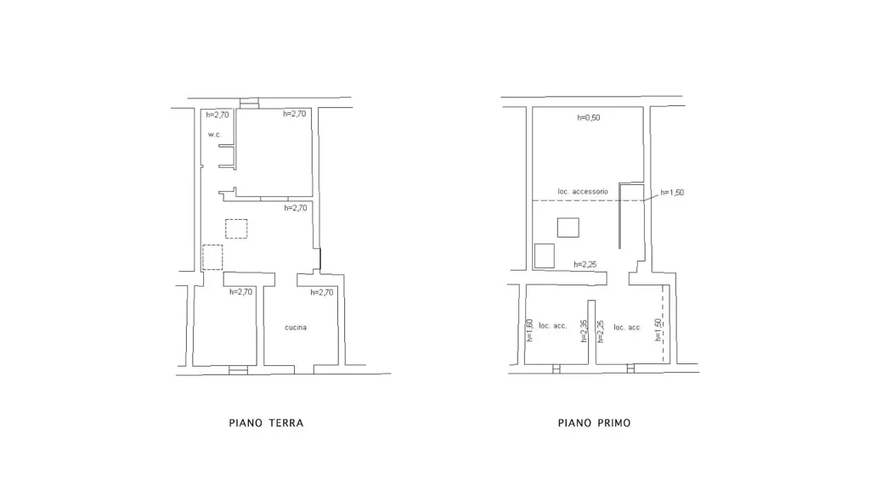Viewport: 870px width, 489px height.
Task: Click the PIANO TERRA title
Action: coord(266,423)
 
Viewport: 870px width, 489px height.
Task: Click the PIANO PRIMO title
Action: coord(594,423)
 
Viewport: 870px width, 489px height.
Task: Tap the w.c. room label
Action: coord(215,135)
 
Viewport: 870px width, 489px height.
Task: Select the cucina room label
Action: coord(296,327)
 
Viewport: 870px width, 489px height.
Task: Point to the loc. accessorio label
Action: coord(583,191)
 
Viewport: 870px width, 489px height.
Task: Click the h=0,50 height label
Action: coord(589,117)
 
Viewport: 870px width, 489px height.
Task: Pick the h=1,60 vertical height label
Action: coord(529,330)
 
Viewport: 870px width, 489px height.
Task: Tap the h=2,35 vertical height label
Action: coord(584,330)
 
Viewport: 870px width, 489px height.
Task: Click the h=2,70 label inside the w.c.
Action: coord(217,115)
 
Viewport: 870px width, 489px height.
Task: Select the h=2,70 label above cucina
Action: coord(322,292)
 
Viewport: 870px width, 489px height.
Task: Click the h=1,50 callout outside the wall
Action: coord(673,193)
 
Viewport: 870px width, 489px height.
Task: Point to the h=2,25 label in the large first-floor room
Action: coord(585,265)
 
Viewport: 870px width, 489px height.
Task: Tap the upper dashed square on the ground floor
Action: coord(236,229)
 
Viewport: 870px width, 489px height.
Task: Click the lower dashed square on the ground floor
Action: coord(212,257)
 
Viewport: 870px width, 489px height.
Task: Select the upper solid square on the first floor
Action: coord(568,228)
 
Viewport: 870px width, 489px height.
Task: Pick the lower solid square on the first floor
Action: coord(545,256)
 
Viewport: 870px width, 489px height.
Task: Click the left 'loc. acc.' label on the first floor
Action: coord(553,325)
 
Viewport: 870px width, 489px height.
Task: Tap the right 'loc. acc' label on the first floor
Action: coord(627,327)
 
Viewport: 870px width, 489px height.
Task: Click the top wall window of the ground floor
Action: coord(249,103)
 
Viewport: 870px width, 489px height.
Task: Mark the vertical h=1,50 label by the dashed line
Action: coord(658,329)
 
